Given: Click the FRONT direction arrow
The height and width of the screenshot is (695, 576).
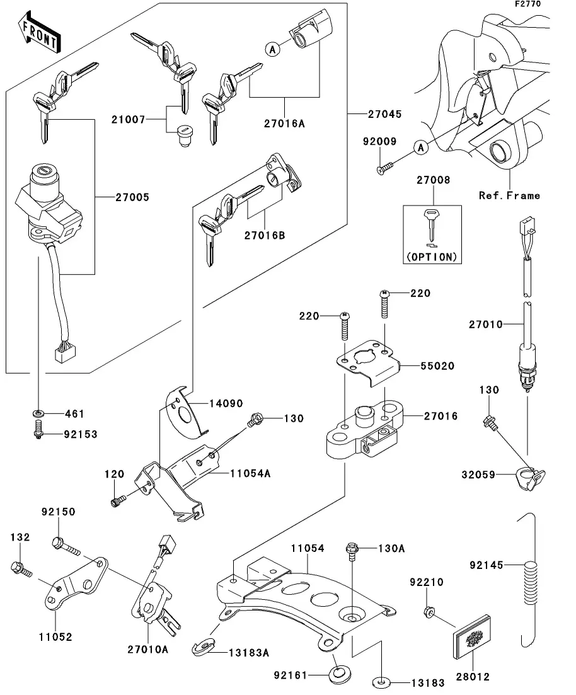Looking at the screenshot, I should tap(38, 36).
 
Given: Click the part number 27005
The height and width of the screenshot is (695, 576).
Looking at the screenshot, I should tap(132, 197).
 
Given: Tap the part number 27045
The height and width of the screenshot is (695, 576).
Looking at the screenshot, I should tap(384, 114).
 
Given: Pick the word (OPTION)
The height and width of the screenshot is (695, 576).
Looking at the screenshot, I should tap(432, 256).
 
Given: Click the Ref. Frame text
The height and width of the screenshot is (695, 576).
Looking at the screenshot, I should tap(509, 195).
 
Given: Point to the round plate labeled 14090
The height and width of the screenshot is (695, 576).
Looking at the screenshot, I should tap(187, 413).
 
